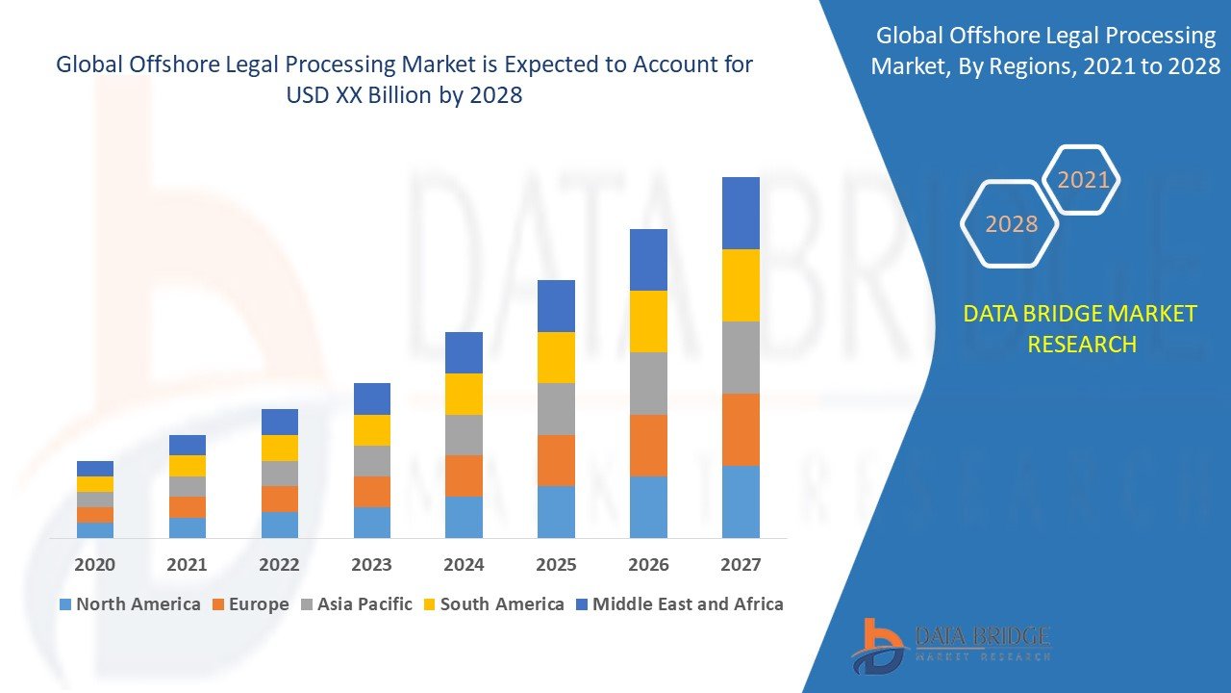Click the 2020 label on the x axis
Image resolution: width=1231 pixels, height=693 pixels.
(94, 564)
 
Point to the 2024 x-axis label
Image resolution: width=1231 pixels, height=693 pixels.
(464, 564)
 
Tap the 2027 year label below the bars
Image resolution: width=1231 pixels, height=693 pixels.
(741, 564)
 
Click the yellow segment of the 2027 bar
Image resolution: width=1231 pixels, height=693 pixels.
(741, 285)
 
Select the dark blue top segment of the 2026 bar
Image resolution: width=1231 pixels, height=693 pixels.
(648, 260)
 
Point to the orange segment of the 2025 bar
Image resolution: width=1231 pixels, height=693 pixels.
(556, 460)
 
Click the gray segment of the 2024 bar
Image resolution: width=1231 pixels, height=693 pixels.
(464, 435)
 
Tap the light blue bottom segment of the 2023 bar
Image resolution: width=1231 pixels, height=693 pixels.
(371, 522)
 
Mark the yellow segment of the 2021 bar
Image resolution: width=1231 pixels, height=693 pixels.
(187, 466)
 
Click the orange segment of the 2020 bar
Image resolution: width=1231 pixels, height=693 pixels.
(94, 515)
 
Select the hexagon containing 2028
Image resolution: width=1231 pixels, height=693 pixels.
(1010, 224)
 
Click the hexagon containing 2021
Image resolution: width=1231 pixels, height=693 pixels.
(1083, 180)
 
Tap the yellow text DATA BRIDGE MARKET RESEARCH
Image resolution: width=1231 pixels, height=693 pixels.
(1081, 329)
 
